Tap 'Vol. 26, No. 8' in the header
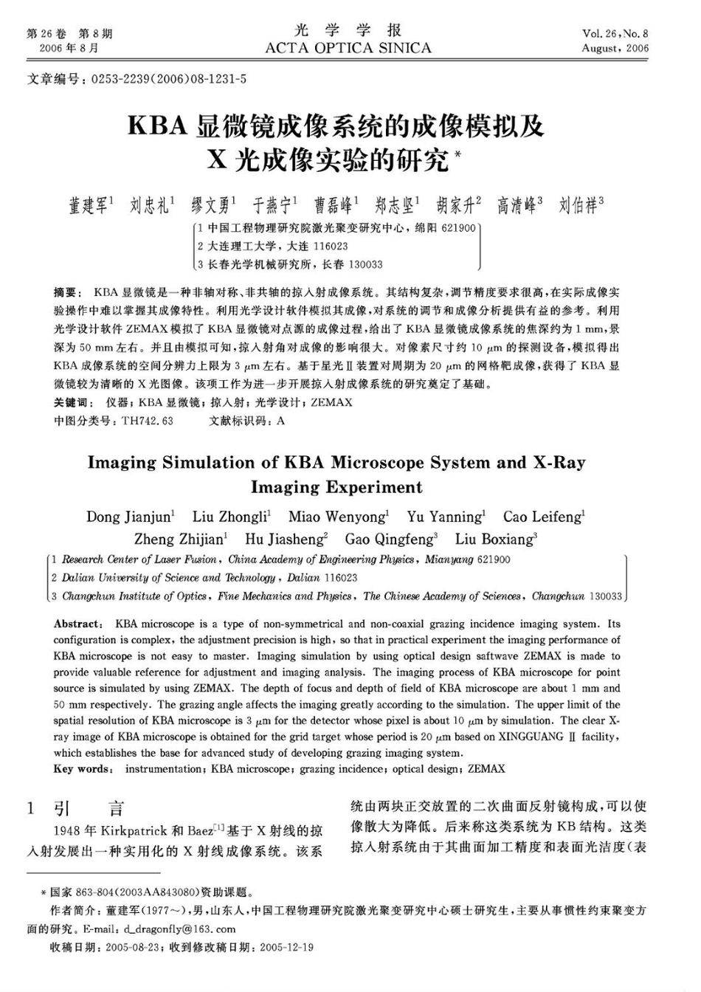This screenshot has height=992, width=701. [x=615, y=34]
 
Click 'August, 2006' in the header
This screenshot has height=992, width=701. [x=615, y=49]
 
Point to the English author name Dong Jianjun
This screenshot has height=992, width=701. [x=129, y=517]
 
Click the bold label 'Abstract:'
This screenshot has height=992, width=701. [x=80, y=624]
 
